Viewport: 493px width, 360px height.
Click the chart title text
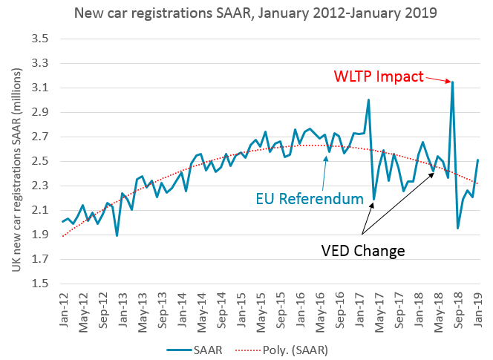tap(246, 13)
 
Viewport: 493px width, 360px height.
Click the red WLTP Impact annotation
tap(379, 76)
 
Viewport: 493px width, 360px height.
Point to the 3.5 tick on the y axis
tap(39, 39)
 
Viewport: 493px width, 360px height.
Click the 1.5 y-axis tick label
tap(39, 284)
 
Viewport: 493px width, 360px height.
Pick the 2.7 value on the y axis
tap(39, 137)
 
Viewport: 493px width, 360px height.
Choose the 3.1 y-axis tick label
tap(39, 88)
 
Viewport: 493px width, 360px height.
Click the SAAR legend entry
tap(191, 347)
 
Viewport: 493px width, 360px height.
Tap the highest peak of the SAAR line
tap(452, 82)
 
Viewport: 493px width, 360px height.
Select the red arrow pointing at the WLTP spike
tap(437, 79)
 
